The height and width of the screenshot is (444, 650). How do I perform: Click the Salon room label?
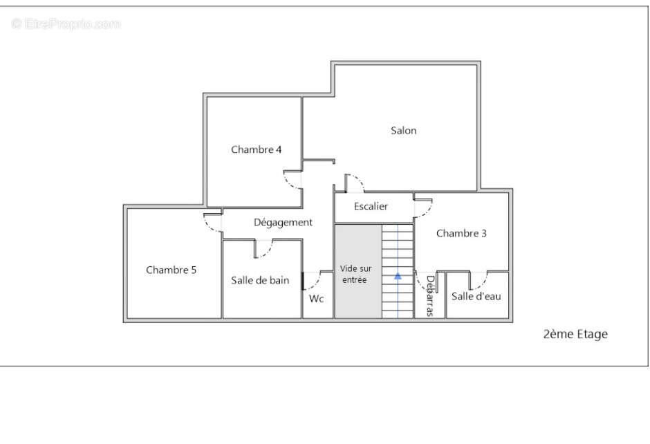(x=403, y=131)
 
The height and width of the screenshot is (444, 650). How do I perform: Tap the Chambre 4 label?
(x=256, y=149)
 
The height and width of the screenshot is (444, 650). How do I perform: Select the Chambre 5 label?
(x=171, y=270)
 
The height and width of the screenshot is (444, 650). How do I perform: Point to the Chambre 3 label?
(x=461, y=233)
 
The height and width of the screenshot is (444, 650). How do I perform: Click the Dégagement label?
(x=283, y=223)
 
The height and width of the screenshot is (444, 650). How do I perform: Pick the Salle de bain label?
(x=260, y=280)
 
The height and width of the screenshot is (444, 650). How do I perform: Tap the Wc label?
(x=316, y=299)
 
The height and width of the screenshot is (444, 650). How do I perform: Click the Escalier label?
(x=371, y=206)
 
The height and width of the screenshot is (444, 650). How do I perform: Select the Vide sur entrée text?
(x=355, y=274)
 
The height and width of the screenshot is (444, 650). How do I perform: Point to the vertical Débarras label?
(x=430, y=296)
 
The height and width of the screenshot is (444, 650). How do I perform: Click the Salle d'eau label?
(x=476, y=296)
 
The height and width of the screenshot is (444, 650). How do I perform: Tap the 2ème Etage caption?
(x=575, y=334)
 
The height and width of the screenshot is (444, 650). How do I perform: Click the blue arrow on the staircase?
(x=398, y=276)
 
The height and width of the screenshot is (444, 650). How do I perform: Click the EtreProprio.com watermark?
(x=66, y=24)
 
